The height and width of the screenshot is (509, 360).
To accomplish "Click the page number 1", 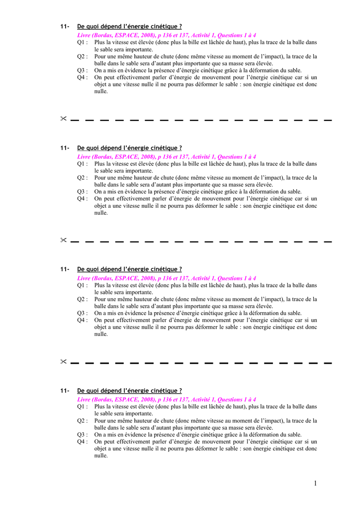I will tap(315, 484).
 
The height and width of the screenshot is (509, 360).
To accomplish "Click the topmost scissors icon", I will tap(64, 119).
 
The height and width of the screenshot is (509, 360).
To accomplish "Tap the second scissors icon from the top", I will tap(64, 240).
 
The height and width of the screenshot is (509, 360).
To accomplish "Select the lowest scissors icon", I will tap(64, 361).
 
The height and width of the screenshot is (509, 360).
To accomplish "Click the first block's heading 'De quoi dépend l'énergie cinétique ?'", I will tap(129, 26).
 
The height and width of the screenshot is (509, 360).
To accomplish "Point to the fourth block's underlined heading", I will tap(129, 391).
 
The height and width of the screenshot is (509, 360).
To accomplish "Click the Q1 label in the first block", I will tap(83, 43).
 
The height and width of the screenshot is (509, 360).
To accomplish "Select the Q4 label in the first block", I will tap(83, 78).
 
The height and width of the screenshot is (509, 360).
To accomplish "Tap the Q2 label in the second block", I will tap(83, 178).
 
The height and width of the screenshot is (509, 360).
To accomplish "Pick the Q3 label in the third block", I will tap(83, 313).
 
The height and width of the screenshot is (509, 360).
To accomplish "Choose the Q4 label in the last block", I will tap(83, 441).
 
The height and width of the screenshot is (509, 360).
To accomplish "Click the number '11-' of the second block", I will tap(65, 148).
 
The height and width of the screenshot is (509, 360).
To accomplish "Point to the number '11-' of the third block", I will tap(65, 269).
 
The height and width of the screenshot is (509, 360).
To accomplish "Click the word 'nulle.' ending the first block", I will tap(101, 91).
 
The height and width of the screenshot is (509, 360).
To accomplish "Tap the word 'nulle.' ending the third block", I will tap(101, 334).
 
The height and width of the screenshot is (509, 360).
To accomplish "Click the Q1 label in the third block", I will tap(83, 286).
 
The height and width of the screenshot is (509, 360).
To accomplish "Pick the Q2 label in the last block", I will tap(83, 421).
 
